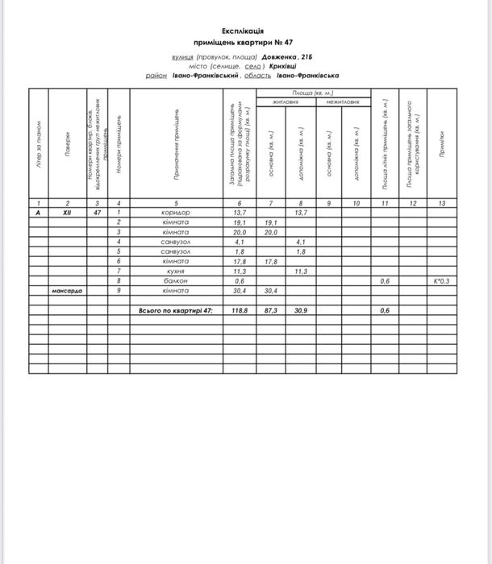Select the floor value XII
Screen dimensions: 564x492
68,212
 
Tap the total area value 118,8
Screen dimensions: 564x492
240,310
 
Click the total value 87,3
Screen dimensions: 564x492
271,310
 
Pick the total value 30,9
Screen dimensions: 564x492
301,310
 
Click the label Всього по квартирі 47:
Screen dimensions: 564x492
175,310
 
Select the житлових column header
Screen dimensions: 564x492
286,103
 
